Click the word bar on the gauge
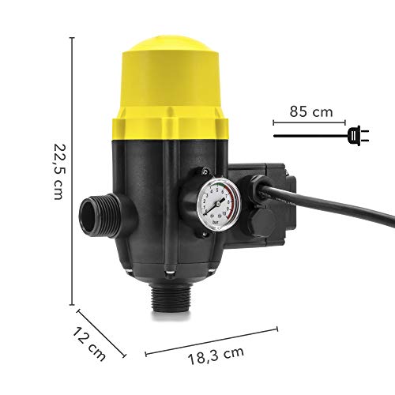pyautogui.click(x=216, y=222)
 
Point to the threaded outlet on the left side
pyautogui.click(x=96, y=213)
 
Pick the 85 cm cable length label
pyautogui.click(x=311, y=112)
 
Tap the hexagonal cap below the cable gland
pyautogui.click(x=261, y=221)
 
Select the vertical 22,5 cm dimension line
pyautogui.click(x=74, y=170)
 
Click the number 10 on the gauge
pyautogui.click(x=224, y=212)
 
